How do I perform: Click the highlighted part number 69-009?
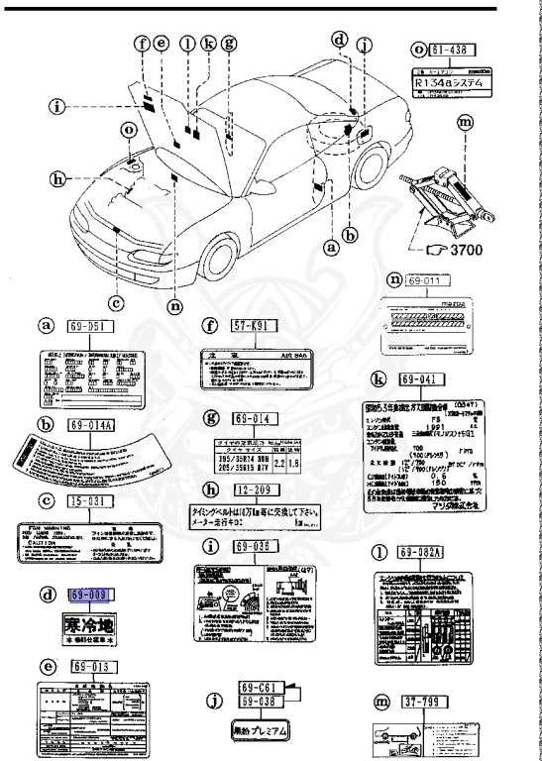tap(91, 596)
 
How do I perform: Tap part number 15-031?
tap(92, 501)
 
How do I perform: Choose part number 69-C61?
tap(264, 686)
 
